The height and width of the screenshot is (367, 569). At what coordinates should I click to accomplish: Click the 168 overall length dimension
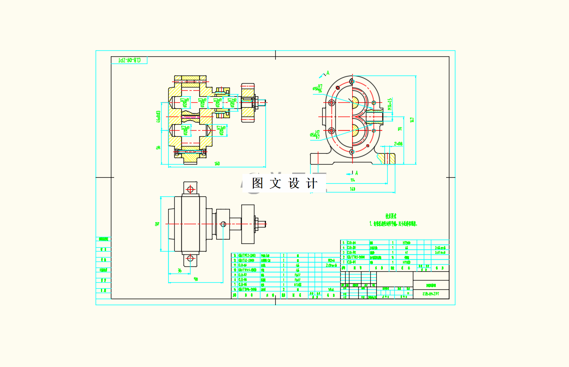pos(217,164)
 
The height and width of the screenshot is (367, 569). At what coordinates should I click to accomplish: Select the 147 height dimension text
pos(412,120)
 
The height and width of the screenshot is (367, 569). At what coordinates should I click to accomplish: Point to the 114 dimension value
pos(353,179)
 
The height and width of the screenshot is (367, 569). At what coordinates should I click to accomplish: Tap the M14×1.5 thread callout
pos(390,104)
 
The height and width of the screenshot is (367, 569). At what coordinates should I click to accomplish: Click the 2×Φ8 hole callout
pos(398,144)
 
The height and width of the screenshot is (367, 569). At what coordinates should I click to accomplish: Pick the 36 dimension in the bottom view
pos(180,270)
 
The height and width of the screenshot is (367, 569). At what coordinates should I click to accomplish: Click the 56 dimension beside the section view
pos(158,147)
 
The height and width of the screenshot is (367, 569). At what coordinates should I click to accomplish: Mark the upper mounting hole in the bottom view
pos(189,189)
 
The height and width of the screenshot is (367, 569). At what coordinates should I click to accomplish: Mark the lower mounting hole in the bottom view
pos(189,258)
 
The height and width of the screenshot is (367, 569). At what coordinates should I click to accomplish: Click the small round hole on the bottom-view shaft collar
pos(223,223)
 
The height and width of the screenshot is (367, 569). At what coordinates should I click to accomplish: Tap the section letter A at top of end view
pos(328,72)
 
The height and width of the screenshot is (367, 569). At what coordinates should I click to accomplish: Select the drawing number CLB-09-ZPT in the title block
pos(431,294)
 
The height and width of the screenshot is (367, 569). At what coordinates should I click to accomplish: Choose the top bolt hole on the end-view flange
pos(353,81)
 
